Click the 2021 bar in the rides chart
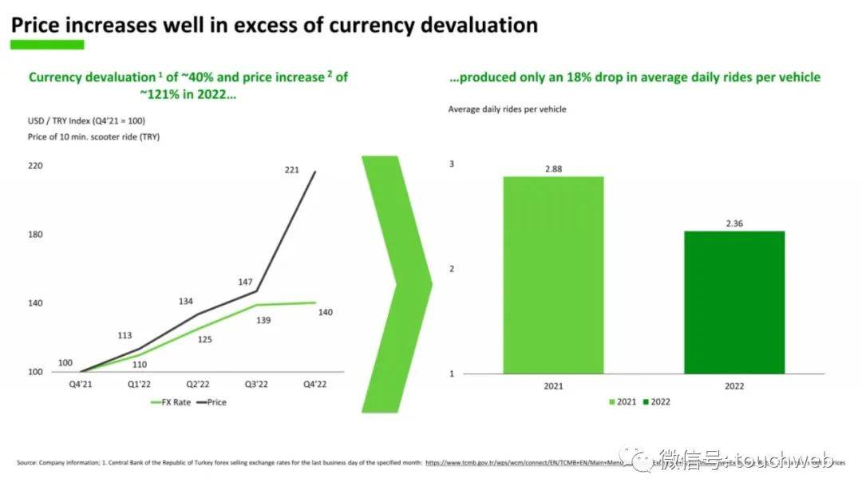click(x=553, y=275)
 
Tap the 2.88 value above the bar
click(x=553, y=169)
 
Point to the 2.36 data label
click(x=734, y=223)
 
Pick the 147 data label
click(x=245, y=283)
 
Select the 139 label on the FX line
click(x=263, y=320)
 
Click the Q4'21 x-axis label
click(x=81, y=384)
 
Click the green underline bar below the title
click(x=46, y=45)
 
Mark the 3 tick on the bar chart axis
click(x=452, y=164)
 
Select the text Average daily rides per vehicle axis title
click(x=507, y=109)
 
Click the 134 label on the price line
click(x=187, y=301)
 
